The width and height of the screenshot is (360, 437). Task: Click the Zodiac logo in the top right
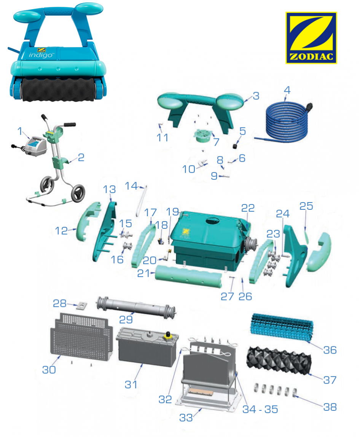(x=311, y=38)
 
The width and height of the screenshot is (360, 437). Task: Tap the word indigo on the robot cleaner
(x=41, y=55)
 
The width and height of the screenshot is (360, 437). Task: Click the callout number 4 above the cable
(x=287, y=90)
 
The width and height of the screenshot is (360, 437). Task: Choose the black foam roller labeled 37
(x=279, y=360)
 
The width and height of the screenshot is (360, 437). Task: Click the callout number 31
(x=131, y=384)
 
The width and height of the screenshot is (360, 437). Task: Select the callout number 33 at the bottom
(x=186, y=418)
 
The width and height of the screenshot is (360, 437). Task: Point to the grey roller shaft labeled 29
(x=136, y=308)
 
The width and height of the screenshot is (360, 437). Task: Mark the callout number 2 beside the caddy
(x=81, y=158)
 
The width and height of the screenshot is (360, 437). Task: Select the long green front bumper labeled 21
(x=189, y=277)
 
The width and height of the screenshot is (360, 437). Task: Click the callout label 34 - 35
(x=260, y=409)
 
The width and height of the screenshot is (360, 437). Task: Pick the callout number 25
(x=306, y=206)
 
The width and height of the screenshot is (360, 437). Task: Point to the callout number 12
(x=61, y=231)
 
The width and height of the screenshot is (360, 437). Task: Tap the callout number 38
(x=330, y=407)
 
